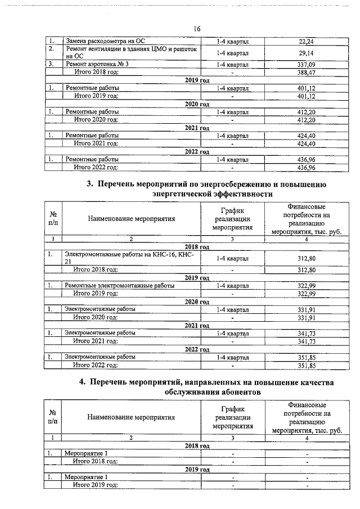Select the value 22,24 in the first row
click(x=306, y=42)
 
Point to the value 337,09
click(x=306, y=64)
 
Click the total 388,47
click(x=306, y=73)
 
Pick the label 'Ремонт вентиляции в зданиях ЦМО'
click(x=132, y=49)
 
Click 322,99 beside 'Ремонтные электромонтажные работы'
click(x=306, y=286)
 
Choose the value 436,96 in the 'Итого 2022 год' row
click(x=306, y=168)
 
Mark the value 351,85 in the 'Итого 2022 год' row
click(x=306, y=365)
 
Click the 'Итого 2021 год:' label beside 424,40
click(x=96, y=144)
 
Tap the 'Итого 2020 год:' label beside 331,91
click(x=96, y=318)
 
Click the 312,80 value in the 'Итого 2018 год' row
click(x=306, y=270)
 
